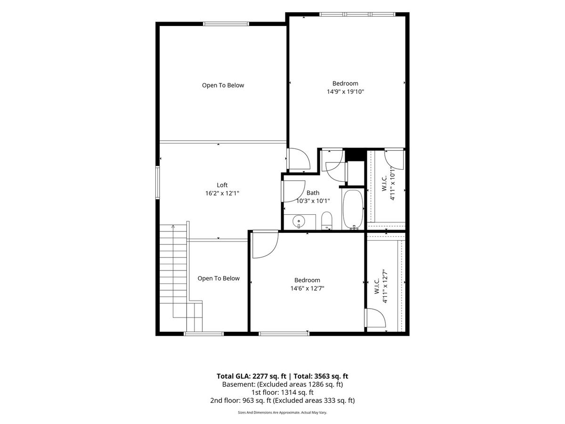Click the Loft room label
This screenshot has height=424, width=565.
(x=222, y=185)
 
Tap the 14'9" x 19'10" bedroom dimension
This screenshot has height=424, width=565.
(x=345, y=92)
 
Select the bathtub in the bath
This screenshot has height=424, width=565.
(x=353, y=210)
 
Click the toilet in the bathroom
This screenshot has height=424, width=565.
(x=327, y=220)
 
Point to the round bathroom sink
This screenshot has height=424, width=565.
(x=299, y=221)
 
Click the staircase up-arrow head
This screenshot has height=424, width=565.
(x=173, y=227)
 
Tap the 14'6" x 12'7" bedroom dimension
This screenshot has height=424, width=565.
(x=307, y=288)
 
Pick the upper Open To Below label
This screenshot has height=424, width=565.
(x=223, y=85)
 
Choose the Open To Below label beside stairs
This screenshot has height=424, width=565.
(x=218, y=278)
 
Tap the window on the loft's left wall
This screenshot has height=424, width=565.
(x=158, y=182)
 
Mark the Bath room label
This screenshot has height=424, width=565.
(x=313, y=193)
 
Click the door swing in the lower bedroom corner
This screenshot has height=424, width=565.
(x=266, y=245)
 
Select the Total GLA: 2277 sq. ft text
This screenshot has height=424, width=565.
(x=251, y=376)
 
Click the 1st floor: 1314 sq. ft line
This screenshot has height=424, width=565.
(x=282, y=392)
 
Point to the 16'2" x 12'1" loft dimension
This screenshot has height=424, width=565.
(x=222, y=193)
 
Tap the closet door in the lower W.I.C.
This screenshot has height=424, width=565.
(x=375, y=318)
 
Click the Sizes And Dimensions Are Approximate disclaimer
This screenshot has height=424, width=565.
(x=282, y=412)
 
